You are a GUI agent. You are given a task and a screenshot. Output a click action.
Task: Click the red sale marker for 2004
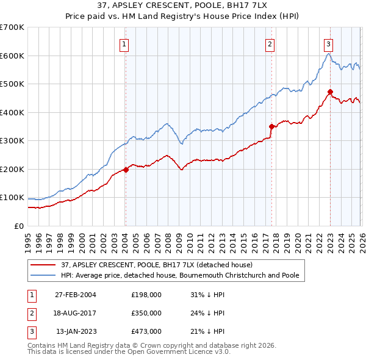coord(126,170)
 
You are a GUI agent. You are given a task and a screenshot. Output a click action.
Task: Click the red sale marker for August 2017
coord(271,126)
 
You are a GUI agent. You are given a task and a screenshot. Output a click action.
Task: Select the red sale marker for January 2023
coord(330,92)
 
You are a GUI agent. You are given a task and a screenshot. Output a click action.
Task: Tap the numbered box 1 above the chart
coord(124,43)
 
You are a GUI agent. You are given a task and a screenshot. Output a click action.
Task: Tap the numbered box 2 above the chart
coord(270,43)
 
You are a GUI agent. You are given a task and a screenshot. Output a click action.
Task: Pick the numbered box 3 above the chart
coord(328,43)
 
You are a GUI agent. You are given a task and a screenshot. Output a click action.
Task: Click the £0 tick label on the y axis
coord(18,226)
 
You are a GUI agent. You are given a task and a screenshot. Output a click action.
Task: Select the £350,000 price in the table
coord(146,313)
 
